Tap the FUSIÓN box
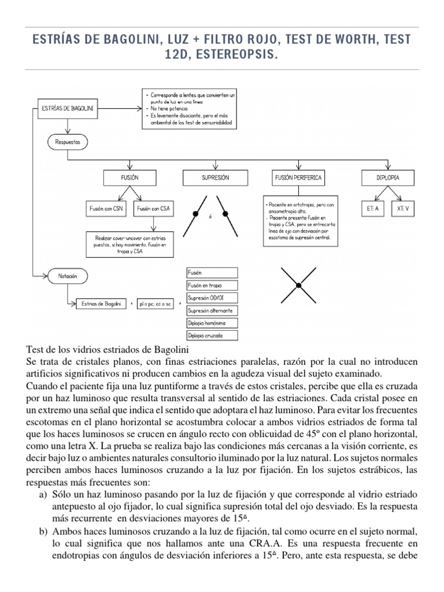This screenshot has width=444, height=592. [x=129, y=179]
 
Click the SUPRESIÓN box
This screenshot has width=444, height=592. [x=216, y=179]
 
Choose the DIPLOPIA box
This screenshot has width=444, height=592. [x=388, y=179]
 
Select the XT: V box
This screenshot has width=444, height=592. [x=405, y=209]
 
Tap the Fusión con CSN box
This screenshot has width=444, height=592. [x=106, y=209]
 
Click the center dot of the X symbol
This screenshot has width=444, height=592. [x=298, y=285]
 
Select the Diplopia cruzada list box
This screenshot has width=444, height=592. [x=212, y=335]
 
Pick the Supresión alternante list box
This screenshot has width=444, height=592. [x=212, y=310]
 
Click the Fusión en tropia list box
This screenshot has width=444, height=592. [x=212, y=285]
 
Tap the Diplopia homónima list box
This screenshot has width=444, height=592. [x=212, y=323]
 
